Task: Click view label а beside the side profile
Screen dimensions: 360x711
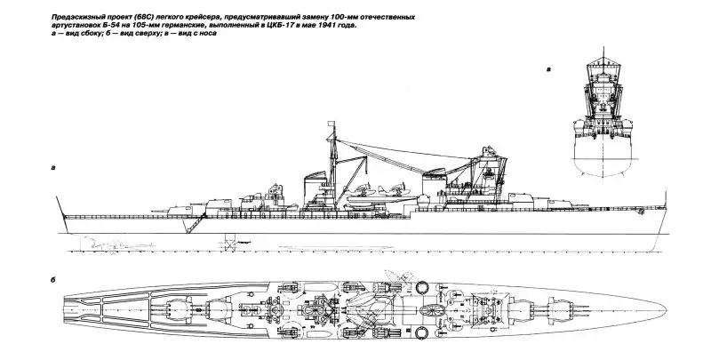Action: pos(55,167)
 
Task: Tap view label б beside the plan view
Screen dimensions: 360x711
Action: pos(55,280)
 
